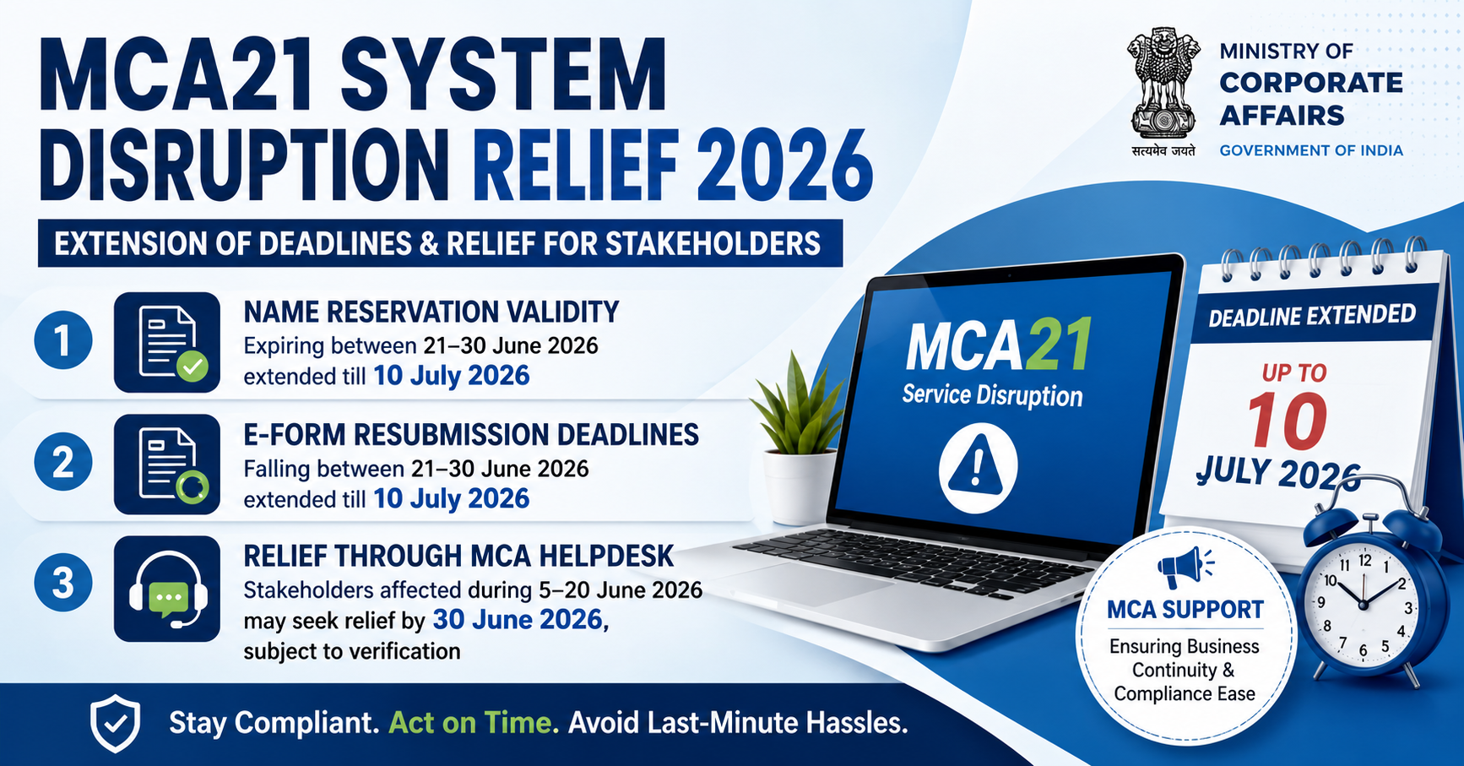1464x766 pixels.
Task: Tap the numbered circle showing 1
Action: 63,340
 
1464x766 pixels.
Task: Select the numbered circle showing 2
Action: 63,462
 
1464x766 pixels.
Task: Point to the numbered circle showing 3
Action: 63,583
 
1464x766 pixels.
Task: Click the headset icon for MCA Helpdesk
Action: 167,589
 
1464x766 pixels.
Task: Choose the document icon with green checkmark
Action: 167,342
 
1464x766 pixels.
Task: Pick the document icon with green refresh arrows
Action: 167,464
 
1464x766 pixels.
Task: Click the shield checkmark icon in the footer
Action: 116,724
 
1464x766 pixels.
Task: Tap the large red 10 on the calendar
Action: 1288,421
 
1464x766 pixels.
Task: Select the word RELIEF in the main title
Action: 576,165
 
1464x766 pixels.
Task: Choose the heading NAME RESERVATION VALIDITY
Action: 431,312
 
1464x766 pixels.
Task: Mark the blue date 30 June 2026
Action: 518,620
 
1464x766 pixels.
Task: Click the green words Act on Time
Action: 474,723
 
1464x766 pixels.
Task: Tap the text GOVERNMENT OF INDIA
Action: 1311,150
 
